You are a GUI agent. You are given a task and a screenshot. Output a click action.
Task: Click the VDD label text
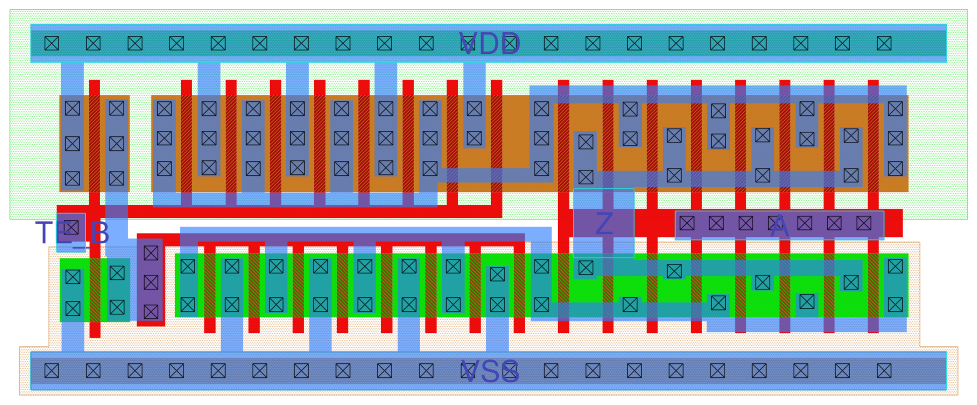point(489,44)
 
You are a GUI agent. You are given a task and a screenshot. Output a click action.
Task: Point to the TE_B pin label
point(72,233)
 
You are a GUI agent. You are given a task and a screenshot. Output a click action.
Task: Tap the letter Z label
point(604,223)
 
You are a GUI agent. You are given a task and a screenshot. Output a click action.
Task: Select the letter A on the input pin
point(779,226)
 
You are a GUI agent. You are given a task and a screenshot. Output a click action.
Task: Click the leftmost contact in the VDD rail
point(52,43)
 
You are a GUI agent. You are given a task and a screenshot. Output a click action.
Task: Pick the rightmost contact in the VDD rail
point(884,43)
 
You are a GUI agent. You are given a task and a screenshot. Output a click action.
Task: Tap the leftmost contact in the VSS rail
point(52,371)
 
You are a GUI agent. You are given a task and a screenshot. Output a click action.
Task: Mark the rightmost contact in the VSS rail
point(884,371)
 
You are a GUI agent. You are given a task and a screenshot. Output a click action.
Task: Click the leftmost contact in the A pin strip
point(687,223)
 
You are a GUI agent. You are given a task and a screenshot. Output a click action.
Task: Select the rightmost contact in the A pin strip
point(864,223)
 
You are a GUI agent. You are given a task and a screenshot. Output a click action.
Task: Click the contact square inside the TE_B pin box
point(71,227)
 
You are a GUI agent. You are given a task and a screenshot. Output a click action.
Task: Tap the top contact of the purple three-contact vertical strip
point(151,253)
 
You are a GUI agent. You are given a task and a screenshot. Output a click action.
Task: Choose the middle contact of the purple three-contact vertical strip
point(151,283)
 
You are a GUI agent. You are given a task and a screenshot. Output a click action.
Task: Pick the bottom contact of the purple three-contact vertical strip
point(151,312)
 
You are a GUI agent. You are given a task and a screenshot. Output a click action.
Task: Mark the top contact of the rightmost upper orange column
point(895,108)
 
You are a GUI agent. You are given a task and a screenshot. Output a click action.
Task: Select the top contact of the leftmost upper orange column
point(73,108)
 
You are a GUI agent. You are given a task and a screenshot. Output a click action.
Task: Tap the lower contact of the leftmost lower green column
point(73,308)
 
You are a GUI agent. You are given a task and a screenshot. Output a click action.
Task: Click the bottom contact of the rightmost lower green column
point(895,304)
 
